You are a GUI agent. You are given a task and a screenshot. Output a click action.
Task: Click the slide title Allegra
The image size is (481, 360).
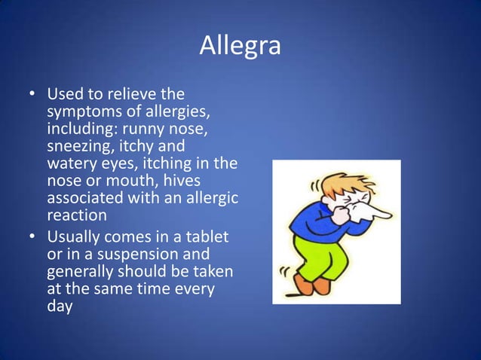pyautogui.click(x=240, y=46)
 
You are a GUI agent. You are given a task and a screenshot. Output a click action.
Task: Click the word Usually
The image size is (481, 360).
pyautogui.click(x=76, y=238)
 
